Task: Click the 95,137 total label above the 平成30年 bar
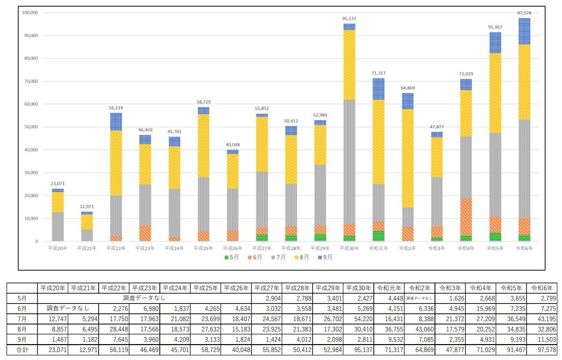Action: (x=349, y=19)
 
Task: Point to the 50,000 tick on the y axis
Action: (x=31, y=127)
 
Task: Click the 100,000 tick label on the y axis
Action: (x=30, y=12)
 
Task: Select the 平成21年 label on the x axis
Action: (x=87, y=248)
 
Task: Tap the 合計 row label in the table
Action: (x=22, y=350)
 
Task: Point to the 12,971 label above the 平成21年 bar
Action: (x=87, y=207)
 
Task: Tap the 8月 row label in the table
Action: (x=22, y=329)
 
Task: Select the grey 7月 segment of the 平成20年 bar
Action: (x=58, y=227)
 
